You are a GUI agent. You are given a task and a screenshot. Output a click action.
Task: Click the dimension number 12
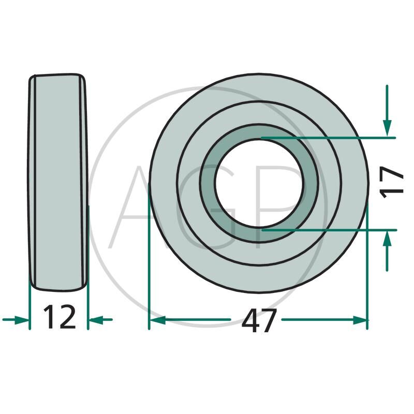pyautogui.click(x=60, y=317)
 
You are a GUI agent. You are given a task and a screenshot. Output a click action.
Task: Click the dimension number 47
pyautogui.click(x=259, y=320)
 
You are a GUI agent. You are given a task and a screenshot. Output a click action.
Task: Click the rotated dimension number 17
pyautogui.click(x=391, y=183)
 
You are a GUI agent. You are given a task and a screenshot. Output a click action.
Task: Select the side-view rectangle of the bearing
pyautogui.click(x=58, y=183)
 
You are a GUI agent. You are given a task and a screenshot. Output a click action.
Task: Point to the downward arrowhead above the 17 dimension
pyautogui.click(x=387, y=128)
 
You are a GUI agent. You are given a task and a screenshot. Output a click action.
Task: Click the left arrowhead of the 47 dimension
pyautogui.click(x=158, y=320)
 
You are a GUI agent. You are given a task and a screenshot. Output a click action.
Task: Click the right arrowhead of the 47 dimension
pyautogui.click(x=360, y=320)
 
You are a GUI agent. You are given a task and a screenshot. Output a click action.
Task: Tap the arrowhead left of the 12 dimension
pyautogui.click(x=22, y=320)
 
